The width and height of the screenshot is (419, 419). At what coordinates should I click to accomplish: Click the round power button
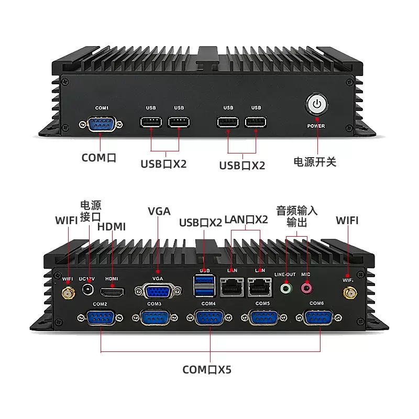tap(316, 105)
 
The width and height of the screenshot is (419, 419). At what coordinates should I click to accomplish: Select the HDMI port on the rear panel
tap(112, 291)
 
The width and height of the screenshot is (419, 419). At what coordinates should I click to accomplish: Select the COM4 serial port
tap(210, 318)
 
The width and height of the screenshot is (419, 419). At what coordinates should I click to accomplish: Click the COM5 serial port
tap(263, 318)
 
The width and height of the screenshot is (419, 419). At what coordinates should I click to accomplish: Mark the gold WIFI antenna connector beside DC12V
tap(68, 293)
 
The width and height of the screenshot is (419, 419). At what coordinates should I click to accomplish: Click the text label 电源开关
tap(315, 162)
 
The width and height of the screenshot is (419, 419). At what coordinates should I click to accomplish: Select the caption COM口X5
tap(207, 370)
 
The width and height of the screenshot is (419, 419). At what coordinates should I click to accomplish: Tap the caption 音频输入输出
tap(297, 216)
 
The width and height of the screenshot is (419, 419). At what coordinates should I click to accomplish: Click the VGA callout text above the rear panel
tap(159, 211)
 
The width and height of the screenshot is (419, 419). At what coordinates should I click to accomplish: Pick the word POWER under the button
tap(316, 126)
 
